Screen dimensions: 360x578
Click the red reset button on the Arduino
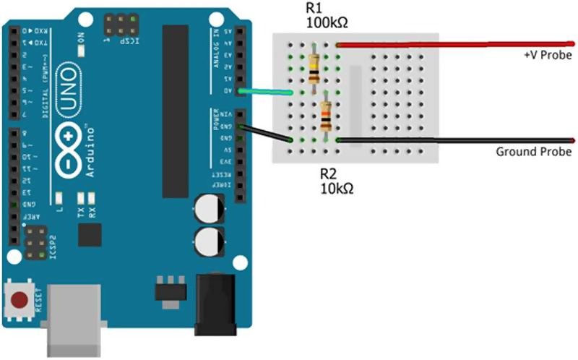20,299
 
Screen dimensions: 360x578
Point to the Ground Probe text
534,152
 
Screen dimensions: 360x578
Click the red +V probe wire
455,45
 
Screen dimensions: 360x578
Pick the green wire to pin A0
267,92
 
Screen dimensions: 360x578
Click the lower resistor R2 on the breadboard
327,116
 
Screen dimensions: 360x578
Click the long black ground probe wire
455,139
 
